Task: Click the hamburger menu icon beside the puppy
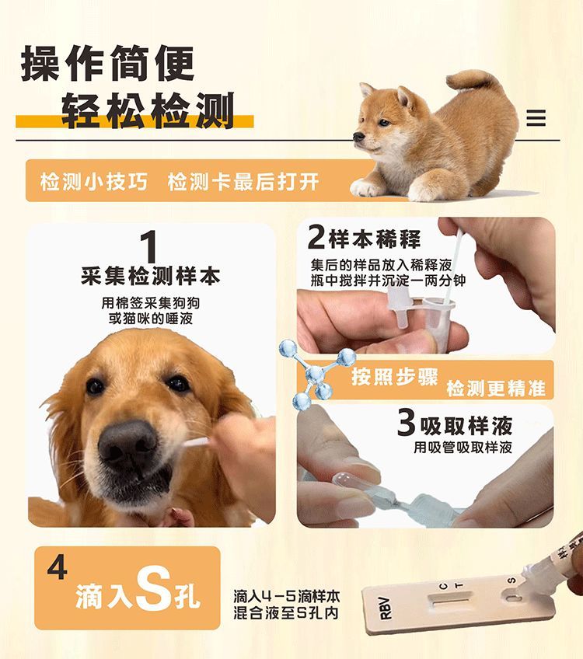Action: pyautogui.click(x=536, y=118)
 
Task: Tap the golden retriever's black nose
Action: pyautogui.click(x=127, y=445)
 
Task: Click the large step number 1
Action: pyautogui.click(x=150, y=246)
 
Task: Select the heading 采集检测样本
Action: pyautogui.click(x=150, y=276)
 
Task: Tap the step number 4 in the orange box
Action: pyautogui.click(x=57, y=567)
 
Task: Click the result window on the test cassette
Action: pyautogui.click(x=452, y=601)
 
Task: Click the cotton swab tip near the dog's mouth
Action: pyautogui.click(x=194, y=444)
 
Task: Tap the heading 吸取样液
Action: pyautogui.click(x=466, y=425)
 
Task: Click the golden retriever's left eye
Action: pyautogui.click(x=96, y=386)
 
